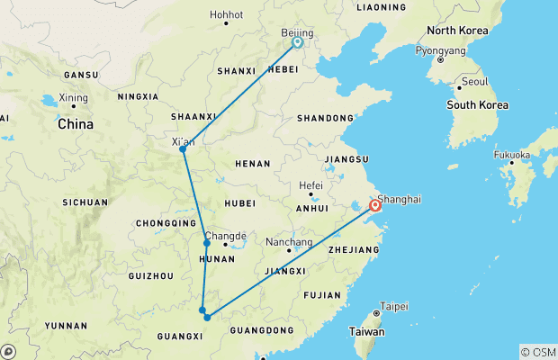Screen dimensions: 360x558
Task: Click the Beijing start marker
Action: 297,41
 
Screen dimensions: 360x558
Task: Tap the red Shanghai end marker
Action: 374,206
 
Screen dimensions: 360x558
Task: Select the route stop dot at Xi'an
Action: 183,148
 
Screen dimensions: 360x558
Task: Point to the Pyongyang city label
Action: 441,50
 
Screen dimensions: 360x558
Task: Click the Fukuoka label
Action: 512,154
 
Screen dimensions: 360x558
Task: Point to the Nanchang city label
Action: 290,242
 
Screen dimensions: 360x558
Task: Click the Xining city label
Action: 73,97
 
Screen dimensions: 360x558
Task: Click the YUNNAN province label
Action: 67,326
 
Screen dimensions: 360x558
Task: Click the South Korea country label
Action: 477,105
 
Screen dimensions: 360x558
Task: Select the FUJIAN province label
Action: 322,294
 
